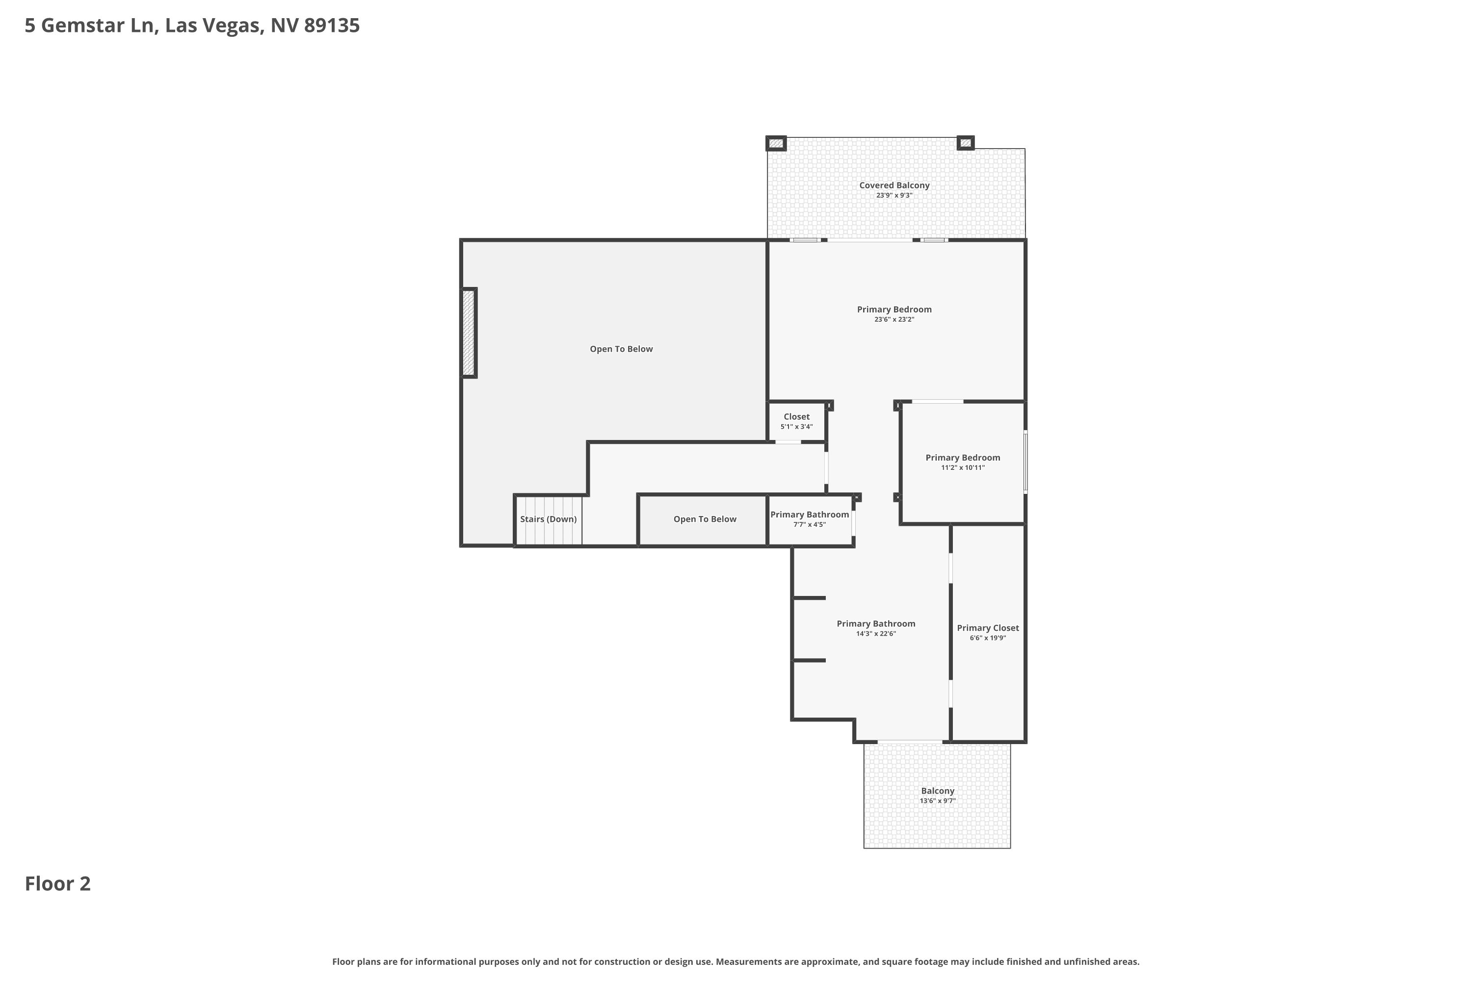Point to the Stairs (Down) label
click(x=548, y=519)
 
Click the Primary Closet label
click(x=988, y=628)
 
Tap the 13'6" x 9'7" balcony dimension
click(x=938, y=801)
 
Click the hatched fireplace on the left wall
click(x=469, y=333)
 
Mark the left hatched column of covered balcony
click(x=776, y=143)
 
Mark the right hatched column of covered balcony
click(x=966, y=143)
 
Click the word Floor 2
click(x=57, y=883)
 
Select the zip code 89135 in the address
click(x=332, y=26)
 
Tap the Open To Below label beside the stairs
click(x=705, y=519)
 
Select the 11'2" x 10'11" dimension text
click(x=963, y=468)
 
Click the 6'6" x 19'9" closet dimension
click(x=988, y=638)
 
